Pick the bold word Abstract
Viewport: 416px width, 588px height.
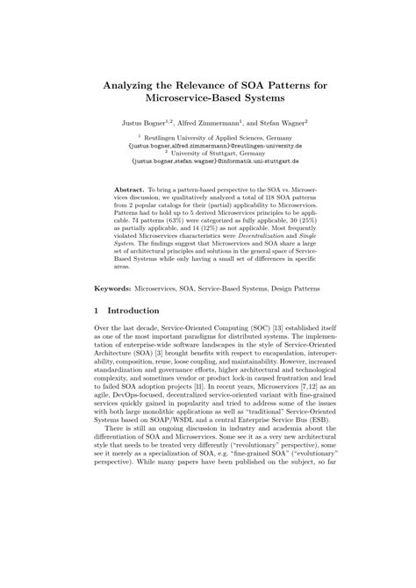[x=132, y=189]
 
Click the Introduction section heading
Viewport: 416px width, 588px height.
[x=133, y=311]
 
